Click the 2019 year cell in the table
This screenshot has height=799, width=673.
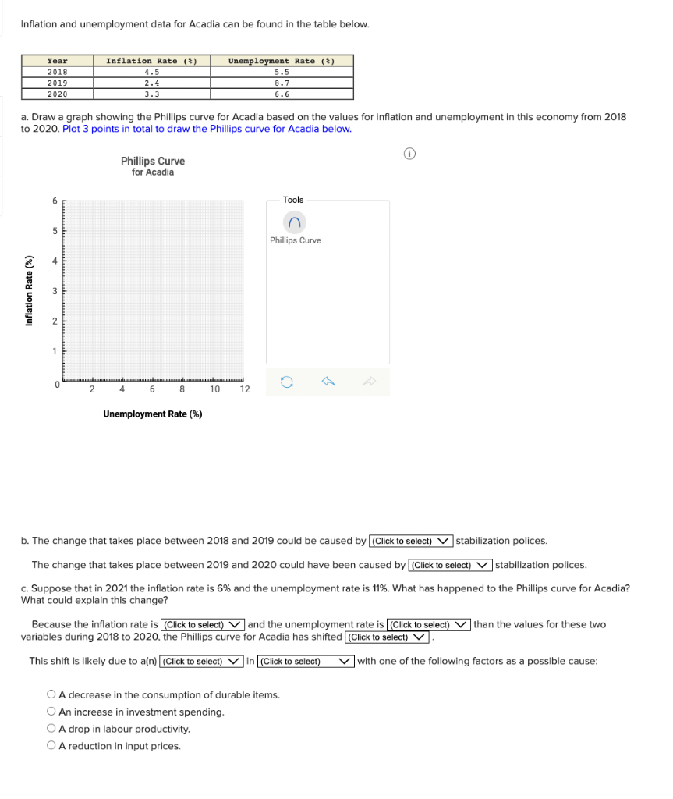[x=58, y=82]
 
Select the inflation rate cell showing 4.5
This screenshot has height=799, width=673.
[x=152, y=71]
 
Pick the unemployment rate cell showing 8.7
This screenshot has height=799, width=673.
[x=282, y=82]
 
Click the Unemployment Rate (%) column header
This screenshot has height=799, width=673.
[x=282, y=60]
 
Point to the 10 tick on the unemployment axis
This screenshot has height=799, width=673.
[x=214, y=389]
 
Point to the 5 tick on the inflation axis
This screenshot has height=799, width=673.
[x=55, y=231]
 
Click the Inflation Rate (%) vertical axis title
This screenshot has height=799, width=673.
[x=30, y=291]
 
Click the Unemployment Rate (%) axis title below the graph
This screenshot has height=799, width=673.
[x=152, y=414]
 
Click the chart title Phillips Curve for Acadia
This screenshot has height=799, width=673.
[x=153, y=166]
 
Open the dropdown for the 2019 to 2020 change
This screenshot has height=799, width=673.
[x=450, y=565]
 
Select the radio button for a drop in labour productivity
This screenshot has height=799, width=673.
[x=51, y=729]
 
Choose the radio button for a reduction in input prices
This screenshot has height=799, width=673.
[x=51, y=746]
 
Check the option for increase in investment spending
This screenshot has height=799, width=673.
[x=51, y=712]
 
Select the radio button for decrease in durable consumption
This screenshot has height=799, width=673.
[x=51, y=694]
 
